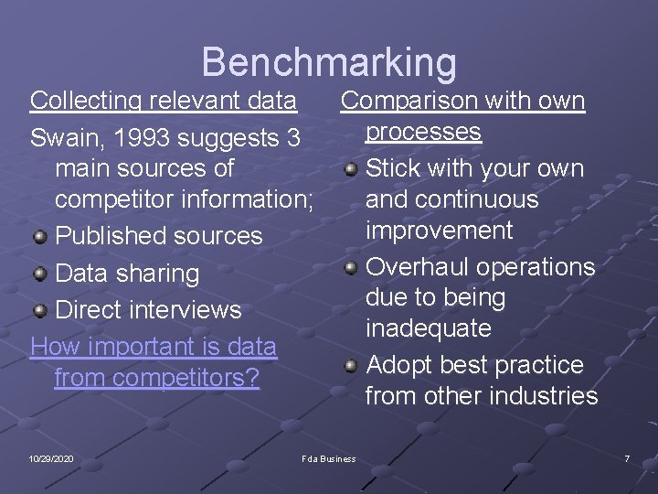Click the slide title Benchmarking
(328, 62)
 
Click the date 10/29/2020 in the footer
(51, 458)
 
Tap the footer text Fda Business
(328, 458)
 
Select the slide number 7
(627, 458)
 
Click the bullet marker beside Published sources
(39, 237)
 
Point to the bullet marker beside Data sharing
(39, 274)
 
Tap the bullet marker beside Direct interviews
(39, 310)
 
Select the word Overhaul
(417, 267)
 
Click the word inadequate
(428, 328)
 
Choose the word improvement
(439, 231)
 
